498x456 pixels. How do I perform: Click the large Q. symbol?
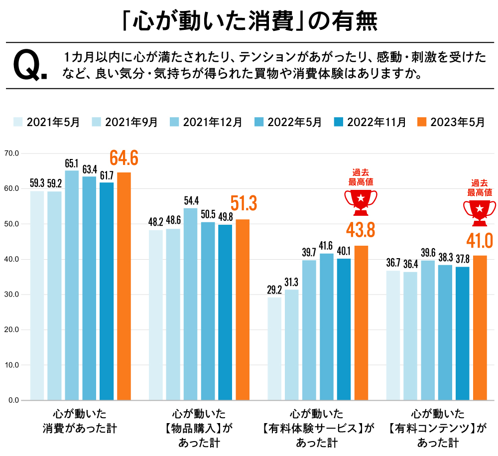click(30, 66)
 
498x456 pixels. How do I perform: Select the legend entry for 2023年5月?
click(451, 122)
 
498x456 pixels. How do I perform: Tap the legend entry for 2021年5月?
click(47, 122)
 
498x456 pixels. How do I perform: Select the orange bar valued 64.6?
click(124, 286)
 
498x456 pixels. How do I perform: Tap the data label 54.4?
click(191, 201)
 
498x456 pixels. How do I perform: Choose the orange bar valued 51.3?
click(243, 309)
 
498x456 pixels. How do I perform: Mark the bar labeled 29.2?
click(274, 348)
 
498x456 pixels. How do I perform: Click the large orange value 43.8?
click(361, 230)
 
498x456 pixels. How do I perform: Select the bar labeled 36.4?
click(410, 335)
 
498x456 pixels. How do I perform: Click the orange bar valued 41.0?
click(480, 327)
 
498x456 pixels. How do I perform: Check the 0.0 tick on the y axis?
click(12, 400)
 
